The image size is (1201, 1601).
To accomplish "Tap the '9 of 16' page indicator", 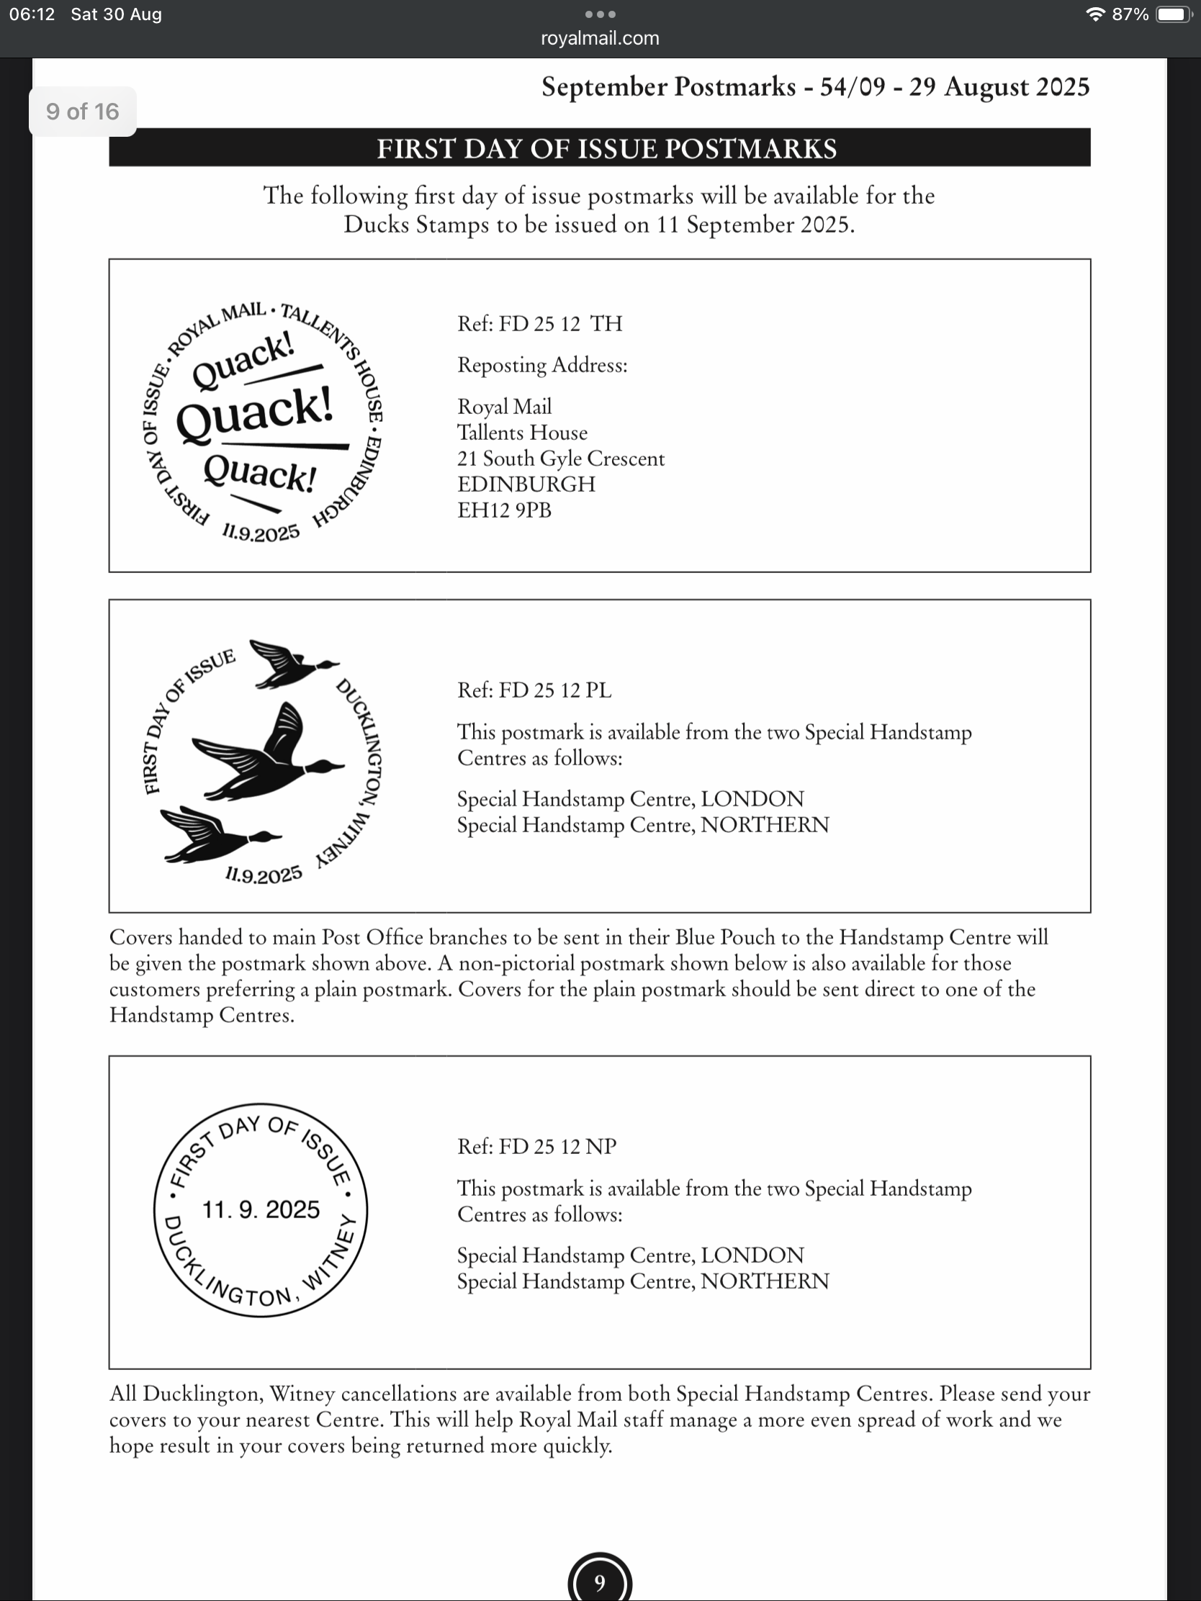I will (x=83, y=112).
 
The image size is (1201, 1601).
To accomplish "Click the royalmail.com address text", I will (x=599, y=38).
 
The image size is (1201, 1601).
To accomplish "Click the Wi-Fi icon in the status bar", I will (x=1095, y=14).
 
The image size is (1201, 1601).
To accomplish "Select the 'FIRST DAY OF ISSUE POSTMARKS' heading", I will (x=606, y=148).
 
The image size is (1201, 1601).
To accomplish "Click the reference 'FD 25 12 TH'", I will (x=539, y=323).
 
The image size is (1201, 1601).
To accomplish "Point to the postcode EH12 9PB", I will (x=504, y=510).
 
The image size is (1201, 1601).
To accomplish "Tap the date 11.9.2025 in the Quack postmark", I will (x=261, y=533).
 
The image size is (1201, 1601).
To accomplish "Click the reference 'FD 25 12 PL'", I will (x=534, y=690).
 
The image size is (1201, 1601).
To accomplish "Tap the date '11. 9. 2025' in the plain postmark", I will (x=261, y=1209).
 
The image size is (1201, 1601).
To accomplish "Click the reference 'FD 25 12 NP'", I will (x=536, y=1147).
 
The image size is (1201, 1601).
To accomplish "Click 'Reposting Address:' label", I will (x=542, y=365).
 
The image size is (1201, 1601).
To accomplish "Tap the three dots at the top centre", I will (x=600, y=14).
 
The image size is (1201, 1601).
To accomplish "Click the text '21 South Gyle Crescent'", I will (x=560, y=458).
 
